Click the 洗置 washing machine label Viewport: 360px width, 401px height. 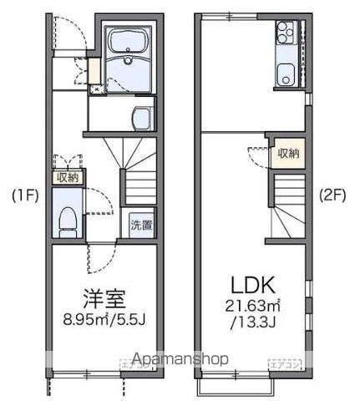[140, 225]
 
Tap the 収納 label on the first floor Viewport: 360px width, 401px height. [66, 177]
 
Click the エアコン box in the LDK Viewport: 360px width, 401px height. [279, 363]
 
